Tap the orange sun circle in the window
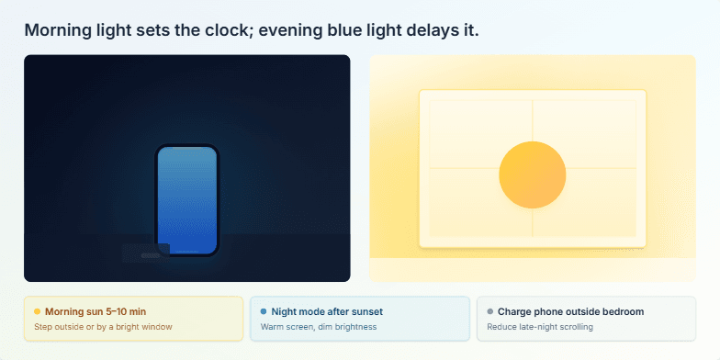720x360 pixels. tap(532, 174)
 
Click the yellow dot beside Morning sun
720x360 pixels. tap(37, 312)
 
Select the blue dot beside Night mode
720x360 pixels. tap(264, 312)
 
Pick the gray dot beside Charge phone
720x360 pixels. tap(489, 312)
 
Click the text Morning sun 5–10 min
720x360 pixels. tap(95, 312)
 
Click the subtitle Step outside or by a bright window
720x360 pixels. tap(103, 327)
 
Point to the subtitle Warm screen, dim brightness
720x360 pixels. tap(318, 327)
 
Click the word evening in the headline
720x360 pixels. tap(290, 30)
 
